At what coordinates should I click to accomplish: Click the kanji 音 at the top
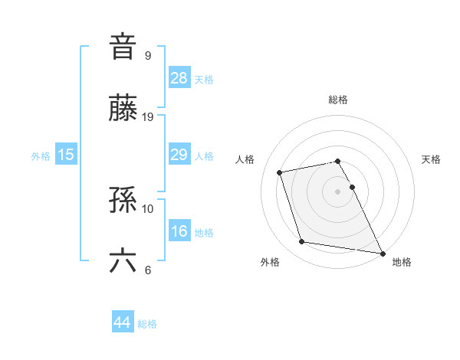[123, 46]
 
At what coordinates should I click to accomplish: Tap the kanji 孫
[123, 200]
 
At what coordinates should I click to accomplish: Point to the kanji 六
[123, 261]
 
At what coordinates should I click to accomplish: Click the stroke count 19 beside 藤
[148, 116]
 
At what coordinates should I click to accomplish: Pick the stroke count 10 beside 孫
[148, 208]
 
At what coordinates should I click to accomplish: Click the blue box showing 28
[179, 77]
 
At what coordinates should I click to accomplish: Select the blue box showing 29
[179, 155]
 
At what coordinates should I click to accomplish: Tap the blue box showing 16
[179, 231]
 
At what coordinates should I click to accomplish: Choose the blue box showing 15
[66, 155]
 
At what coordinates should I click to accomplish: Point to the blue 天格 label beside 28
[204, 79]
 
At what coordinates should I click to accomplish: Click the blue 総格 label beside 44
[147, 324]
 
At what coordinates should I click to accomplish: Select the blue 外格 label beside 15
[41, 156]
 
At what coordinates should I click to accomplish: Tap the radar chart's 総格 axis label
[338, 100]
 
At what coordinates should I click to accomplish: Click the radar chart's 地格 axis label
[402, 262]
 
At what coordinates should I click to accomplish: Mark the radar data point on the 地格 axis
[381, 252]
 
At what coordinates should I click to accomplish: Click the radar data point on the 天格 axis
[353, 187]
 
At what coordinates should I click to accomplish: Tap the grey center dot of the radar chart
[338, 191]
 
